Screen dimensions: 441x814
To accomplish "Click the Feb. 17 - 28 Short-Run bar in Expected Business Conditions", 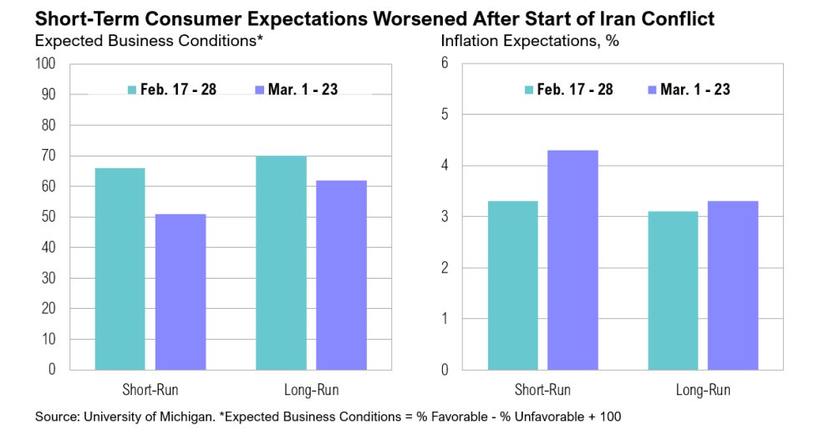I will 120,269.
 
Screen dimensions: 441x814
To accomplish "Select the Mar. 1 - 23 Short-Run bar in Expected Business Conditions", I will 181,291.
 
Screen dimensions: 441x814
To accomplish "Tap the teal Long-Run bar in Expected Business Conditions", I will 282,263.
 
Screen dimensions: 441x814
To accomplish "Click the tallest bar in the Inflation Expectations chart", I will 572,259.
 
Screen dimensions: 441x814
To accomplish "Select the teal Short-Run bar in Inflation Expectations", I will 512,285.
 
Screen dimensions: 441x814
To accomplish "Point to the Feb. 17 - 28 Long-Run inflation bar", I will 674,290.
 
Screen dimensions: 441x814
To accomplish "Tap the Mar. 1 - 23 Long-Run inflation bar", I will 733,285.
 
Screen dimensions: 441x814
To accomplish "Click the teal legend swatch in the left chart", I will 131,90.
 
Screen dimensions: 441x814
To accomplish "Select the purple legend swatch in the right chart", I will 651,90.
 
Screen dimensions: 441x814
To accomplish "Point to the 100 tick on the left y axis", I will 45,64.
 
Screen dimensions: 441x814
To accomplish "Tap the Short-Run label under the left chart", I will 150,390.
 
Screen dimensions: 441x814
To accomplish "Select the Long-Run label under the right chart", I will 703,390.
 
